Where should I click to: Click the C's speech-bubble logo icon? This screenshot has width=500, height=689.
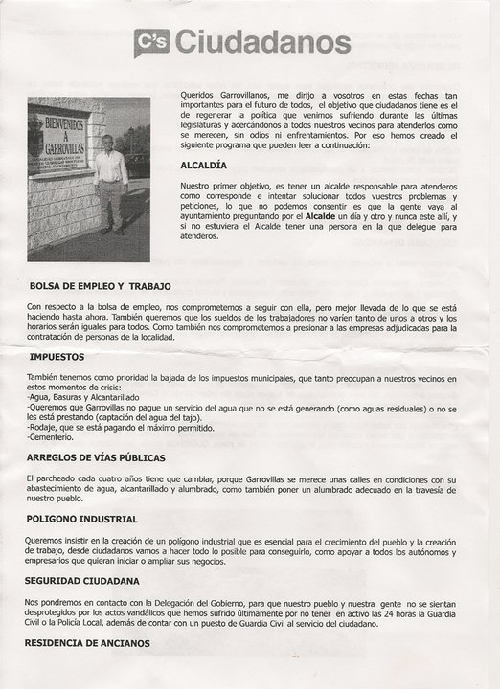(x=151, y=42)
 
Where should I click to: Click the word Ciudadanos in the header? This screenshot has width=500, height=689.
(x=263, y=43)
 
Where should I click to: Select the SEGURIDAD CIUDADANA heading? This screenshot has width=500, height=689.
(x=82, y=580)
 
